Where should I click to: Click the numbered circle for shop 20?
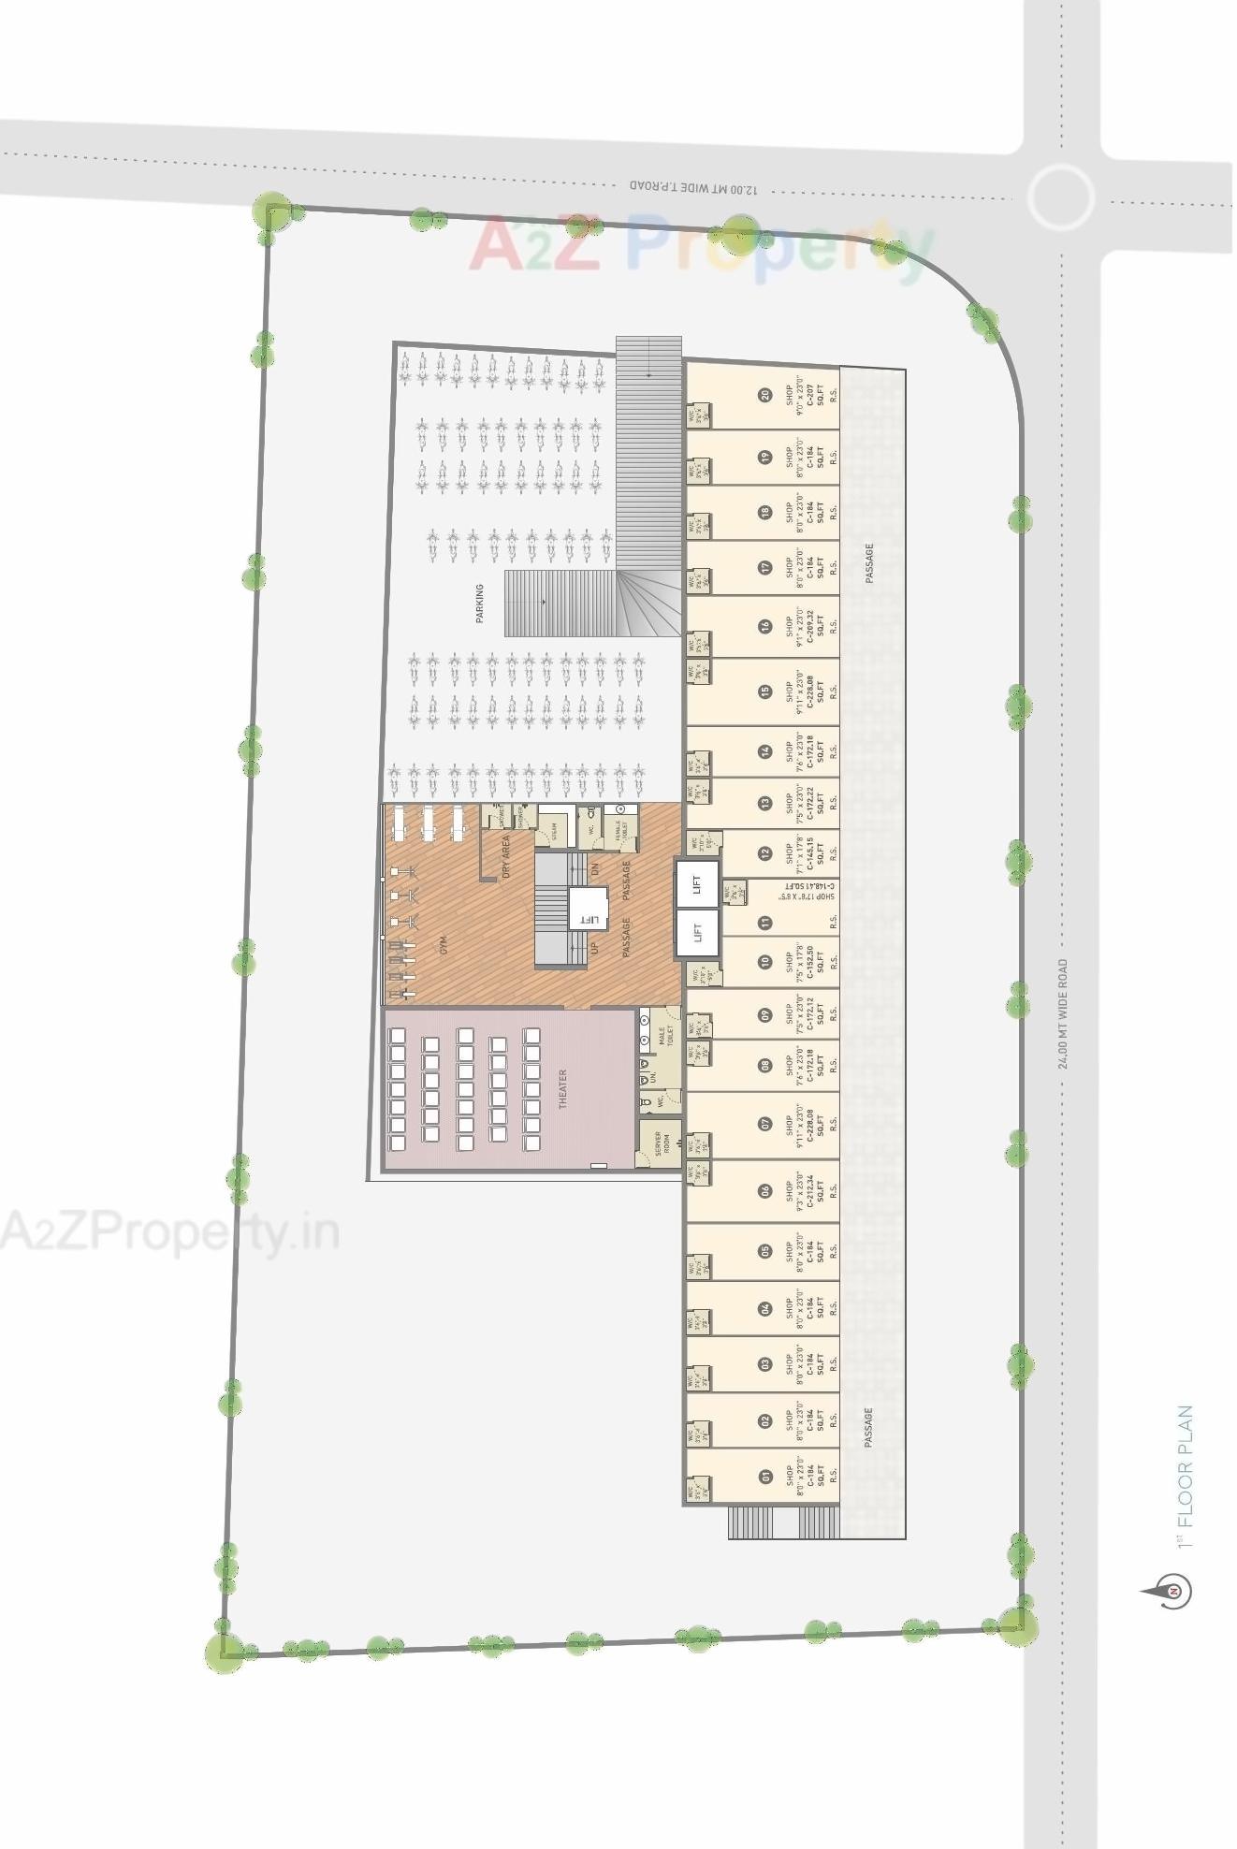click(765, 395)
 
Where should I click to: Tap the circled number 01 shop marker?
click(765, 1477)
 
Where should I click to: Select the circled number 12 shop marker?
click(765, 852)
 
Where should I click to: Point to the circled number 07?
click(765, 1124)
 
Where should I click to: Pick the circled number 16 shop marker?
click(765, 627)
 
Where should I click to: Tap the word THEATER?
click(563, 1089)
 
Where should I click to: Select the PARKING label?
click(480, 604)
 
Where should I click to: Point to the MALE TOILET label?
click(665, 1036)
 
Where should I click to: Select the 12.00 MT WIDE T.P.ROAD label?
click(694, 187)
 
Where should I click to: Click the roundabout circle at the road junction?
click(1060, 197)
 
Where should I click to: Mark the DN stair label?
click(595, 868)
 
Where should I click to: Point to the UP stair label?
click(594, 949)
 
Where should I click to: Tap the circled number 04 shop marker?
click(765, 1308)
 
